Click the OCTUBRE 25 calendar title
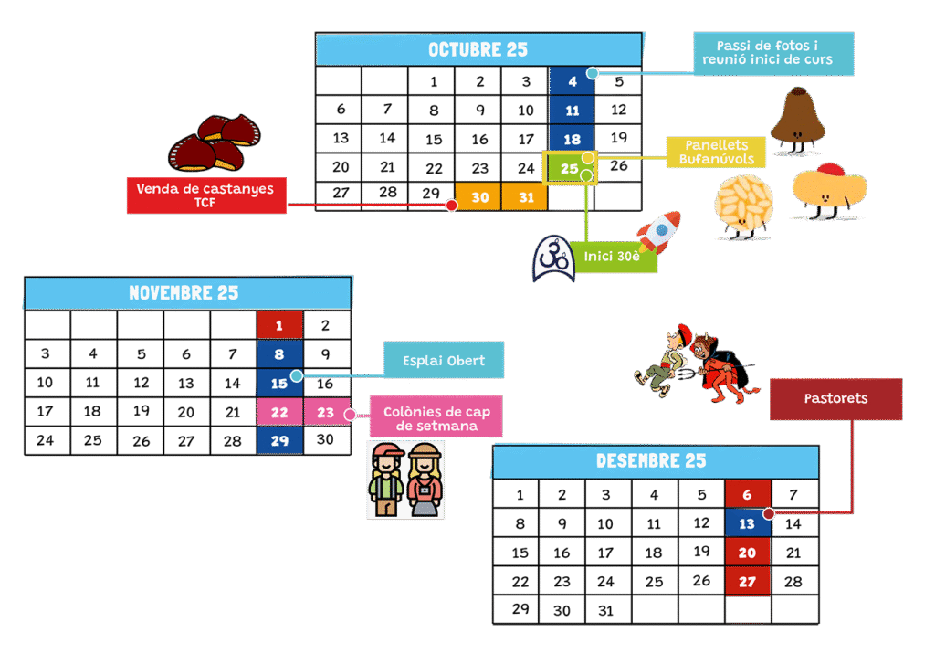coord(478,49)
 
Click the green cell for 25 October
coord(570,168)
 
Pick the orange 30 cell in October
coord(479,196)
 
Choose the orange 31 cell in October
coord(525,196)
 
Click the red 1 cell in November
coord(279,325)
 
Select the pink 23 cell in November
coord(326,413)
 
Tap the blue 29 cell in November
coord(279,441)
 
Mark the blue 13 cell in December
coord(747,524)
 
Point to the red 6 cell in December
coord(747,495)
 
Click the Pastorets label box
coord(835,398)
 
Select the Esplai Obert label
coord(442,360)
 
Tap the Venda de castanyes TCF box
coord(205,195)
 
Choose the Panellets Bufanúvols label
coord(716,152)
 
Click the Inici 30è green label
coord(613,257)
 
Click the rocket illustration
coord(658,233)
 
